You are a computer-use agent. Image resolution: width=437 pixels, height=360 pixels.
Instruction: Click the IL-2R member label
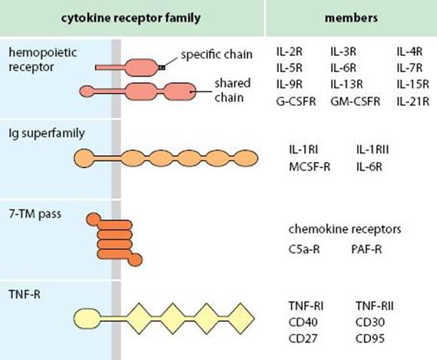[289, 51]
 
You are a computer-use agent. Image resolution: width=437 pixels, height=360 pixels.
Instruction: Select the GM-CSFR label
[355, 101]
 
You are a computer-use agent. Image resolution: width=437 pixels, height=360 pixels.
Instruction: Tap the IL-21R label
[412, 101]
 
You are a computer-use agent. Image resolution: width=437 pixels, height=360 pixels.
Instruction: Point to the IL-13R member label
[346, 84]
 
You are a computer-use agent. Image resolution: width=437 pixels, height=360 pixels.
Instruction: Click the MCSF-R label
[310, 167]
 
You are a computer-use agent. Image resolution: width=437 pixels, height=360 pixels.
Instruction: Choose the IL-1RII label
[372, 150]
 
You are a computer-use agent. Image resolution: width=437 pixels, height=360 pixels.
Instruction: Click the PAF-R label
[366, 249]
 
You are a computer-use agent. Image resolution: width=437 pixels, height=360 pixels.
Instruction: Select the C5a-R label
[304, 249]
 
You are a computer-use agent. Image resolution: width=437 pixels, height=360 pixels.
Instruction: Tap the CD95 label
[370, 339]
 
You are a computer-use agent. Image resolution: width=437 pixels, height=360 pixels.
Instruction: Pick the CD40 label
[303, 322]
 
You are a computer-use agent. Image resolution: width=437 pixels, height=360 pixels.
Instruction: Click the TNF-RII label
[375, 306]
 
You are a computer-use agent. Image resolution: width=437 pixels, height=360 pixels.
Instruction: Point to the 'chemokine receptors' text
[345, 230]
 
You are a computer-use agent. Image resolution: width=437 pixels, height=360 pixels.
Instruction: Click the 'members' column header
[351, 18]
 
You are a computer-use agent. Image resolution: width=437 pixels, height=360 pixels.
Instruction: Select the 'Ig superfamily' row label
[47, 134]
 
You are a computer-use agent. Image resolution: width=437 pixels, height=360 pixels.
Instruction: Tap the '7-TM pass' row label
[35, 214]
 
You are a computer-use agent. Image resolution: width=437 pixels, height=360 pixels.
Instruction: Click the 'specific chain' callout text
[217, 54]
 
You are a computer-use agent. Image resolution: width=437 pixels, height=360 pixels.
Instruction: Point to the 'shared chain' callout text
[233, 91]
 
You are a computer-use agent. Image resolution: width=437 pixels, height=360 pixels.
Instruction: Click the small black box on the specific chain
[161, 68]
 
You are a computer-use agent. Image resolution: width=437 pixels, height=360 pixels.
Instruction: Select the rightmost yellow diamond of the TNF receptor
[240, 319]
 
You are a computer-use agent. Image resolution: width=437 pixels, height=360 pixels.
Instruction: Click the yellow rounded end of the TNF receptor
[88, 319]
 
